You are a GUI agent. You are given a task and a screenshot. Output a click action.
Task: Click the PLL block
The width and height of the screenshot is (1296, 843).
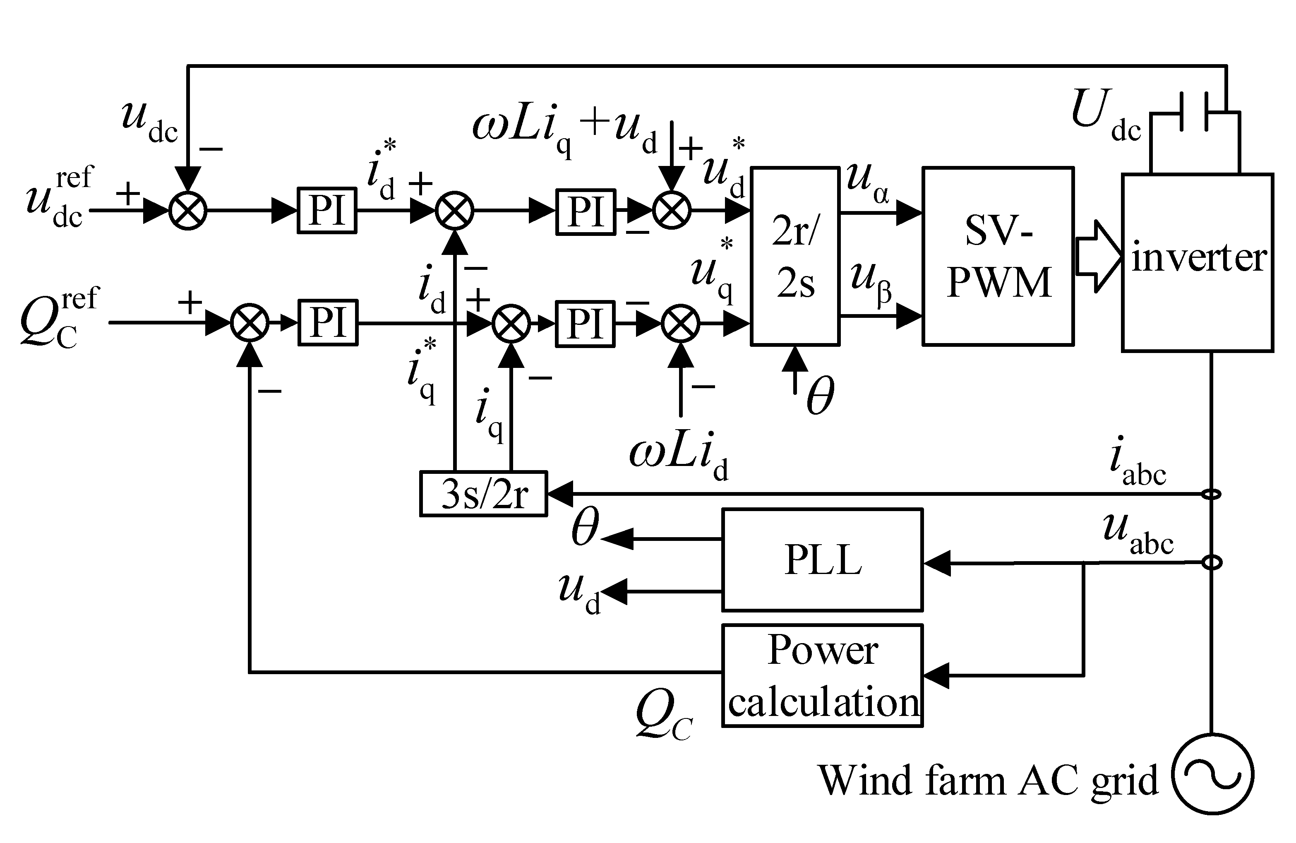pyautogui.click(x=822, y=560)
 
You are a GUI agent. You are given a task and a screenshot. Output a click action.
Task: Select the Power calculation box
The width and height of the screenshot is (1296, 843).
pyautogui.click(x=822, y=675)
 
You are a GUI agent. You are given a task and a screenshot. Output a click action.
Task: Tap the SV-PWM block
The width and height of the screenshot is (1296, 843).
pyautogui.click(x=998, y=256)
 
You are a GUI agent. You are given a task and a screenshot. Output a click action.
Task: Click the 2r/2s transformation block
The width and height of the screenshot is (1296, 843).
pyautogui.click(x=794, y=256)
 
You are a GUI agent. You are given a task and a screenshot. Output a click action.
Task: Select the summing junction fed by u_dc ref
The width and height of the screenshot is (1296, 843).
pyautogui.click(x=188, y=211)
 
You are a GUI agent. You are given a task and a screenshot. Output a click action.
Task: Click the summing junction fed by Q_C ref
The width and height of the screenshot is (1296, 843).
pyautogui.click(x=250, y=322)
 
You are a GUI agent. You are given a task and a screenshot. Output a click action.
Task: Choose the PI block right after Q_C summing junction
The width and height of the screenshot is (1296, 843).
pyautogui.click(x=327, y=322)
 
